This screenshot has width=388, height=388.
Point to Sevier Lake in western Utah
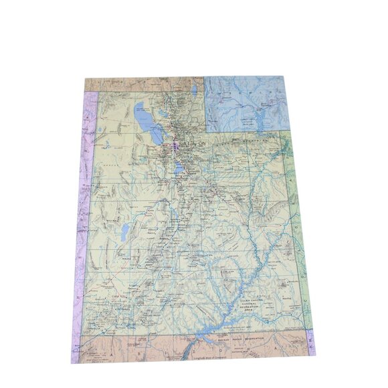coord(124,232)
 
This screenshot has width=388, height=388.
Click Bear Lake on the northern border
coord(194,88)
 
